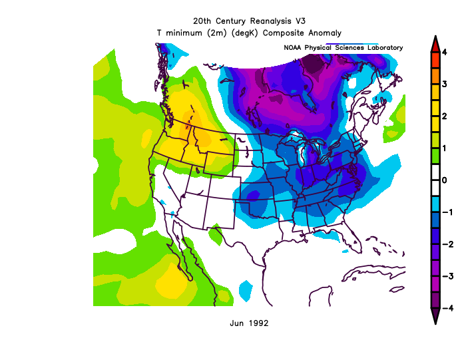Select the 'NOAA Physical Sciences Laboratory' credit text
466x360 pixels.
[x=343, y=48]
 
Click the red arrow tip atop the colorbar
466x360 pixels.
[x=434, y=43]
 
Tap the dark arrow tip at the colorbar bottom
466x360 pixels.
[x=434, y=316]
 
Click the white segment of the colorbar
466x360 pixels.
[x=434, y=180]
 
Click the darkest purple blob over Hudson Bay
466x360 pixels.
[x=312, y=65]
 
